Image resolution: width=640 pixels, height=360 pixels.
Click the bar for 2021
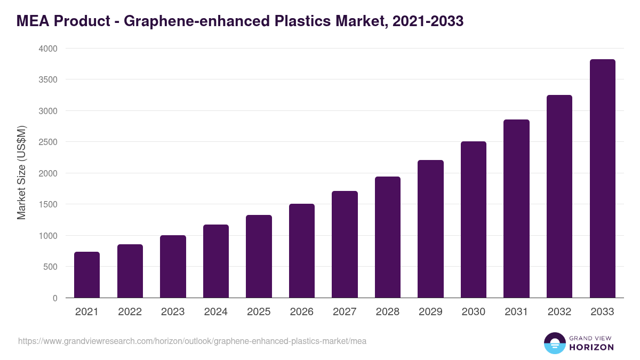click(87, 275)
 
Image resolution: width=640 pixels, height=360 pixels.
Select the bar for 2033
click(602, 179)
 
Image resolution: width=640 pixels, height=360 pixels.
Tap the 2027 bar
click(345, 244)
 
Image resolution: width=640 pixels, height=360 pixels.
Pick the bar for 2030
click(474, 220)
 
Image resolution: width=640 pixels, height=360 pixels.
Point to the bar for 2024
click(216, 261)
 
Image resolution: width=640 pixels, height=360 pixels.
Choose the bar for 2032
click(559, 196)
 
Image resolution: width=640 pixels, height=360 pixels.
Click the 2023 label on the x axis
click(173, 312)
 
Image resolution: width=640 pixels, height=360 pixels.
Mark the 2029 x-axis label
click(430, 312)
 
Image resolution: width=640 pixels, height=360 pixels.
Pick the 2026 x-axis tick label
click(302, 312)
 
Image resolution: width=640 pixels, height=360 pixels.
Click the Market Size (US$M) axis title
click(21, 173)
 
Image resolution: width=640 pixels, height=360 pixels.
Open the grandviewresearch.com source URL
click(192, 341)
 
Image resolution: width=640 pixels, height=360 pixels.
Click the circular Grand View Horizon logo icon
click(555, 343)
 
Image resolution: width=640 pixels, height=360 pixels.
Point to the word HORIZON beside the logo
click(591, 347)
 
